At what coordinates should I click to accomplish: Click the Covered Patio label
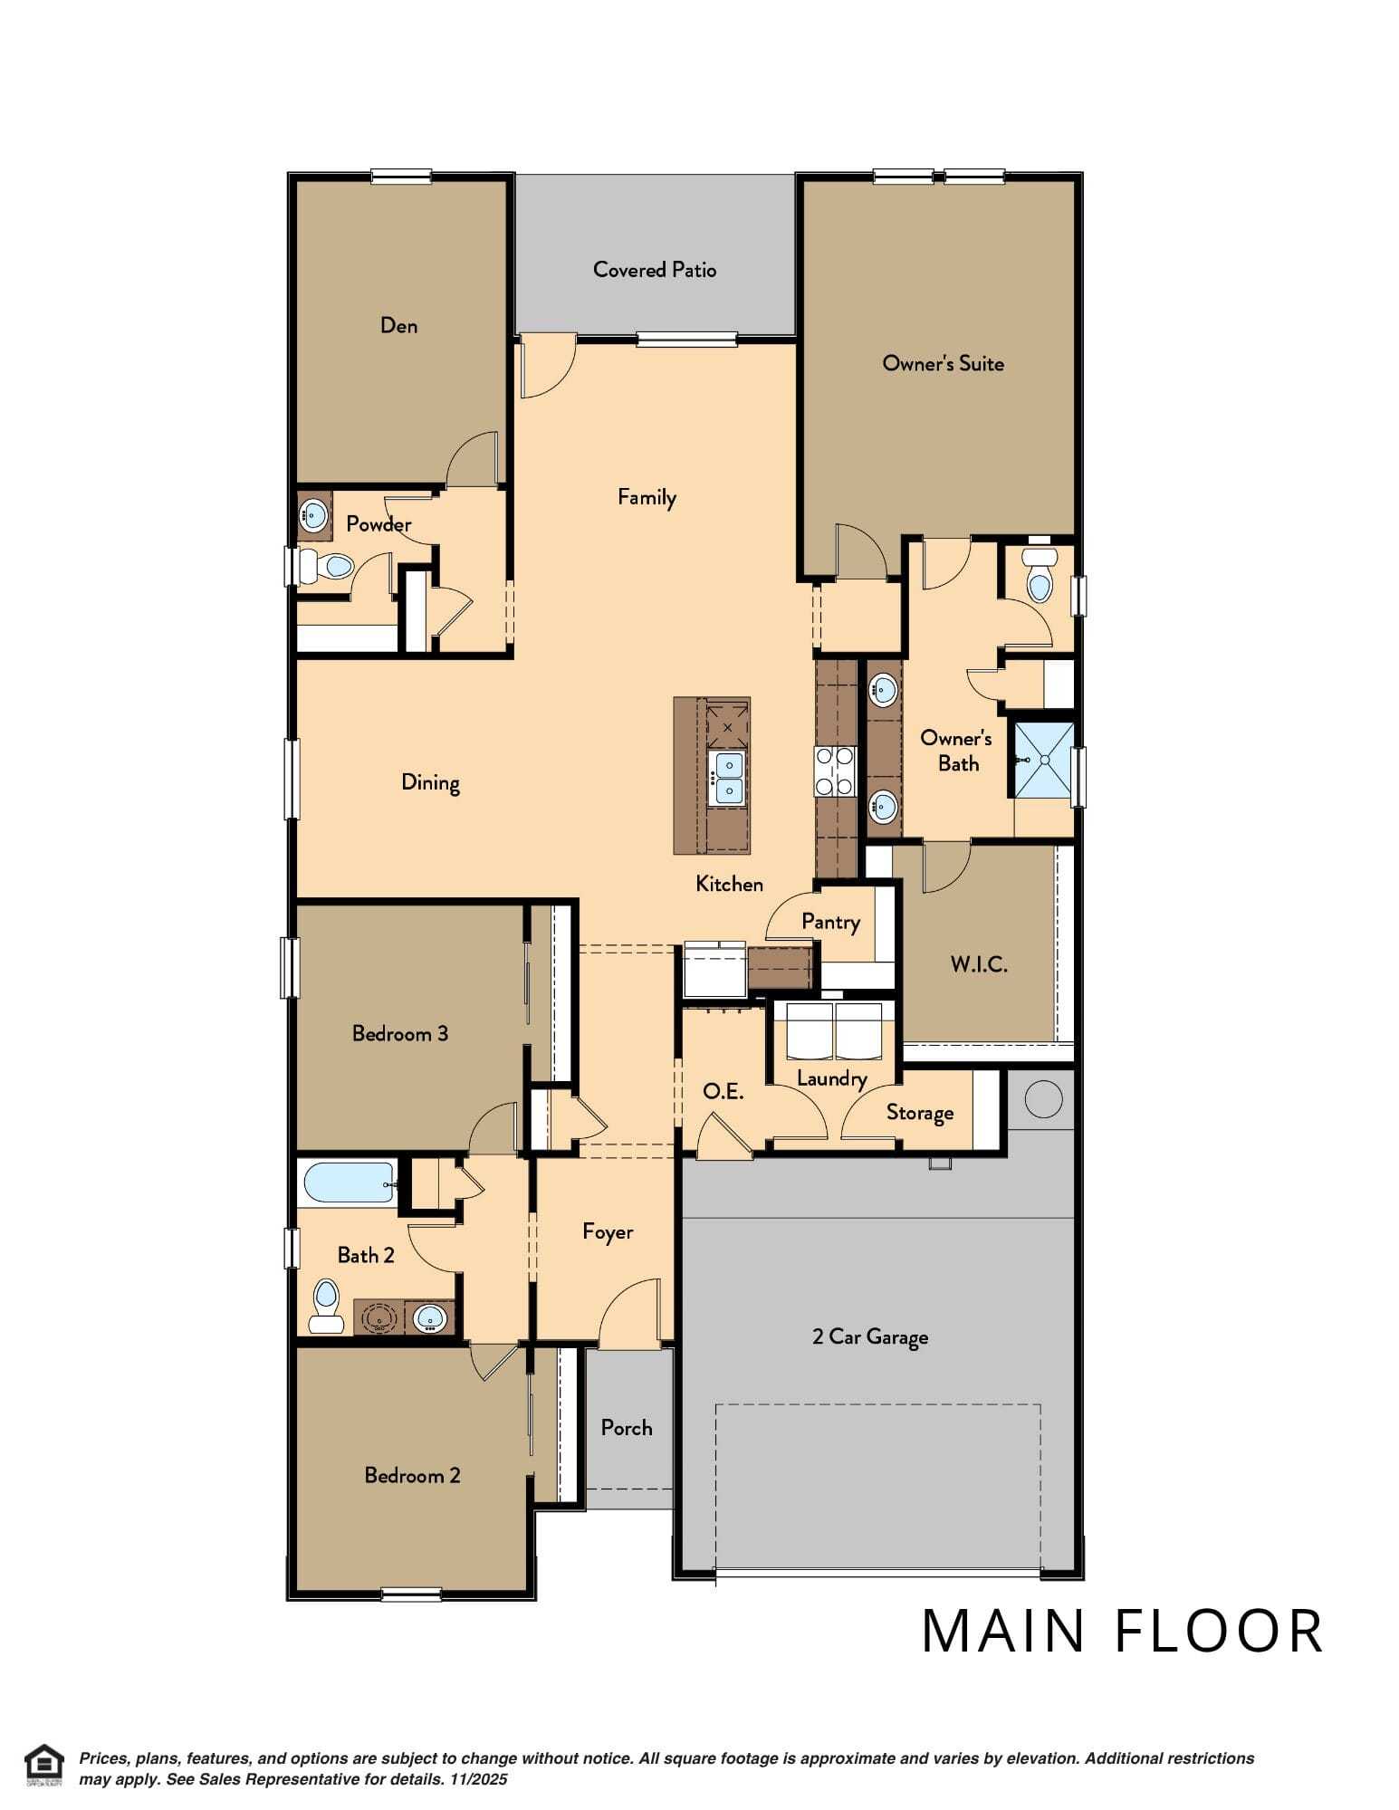pyautogui.click(x=654, y=269)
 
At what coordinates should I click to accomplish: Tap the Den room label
pyautogui.click(x=398, y=325)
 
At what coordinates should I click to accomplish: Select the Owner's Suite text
pyautogui.click(x=943, y=363)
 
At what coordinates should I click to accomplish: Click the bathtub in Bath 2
pyautogui.click(x=349, y=1183)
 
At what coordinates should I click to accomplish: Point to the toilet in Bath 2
pyautogui.click(x=325, y=1306)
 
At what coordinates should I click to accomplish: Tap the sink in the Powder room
pyautogui.click(x=313, y=516)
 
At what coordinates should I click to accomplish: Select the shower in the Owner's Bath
pyautogui.click(x=1043, y=760)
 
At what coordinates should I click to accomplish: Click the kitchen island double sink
pyautogui.click(x=727, y=778)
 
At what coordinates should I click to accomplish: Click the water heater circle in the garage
pyautogui.click(x=1042, y=1098)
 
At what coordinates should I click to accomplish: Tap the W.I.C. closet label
pyautogui.click(x=978, y=963)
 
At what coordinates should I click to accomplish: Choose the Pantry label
pyautogui.click(x=830, y=922)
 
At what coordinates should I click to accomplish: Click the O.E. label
pyautogui.click(x=723, y=1091)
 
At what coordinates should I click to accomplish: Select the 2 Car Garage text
pyautogui.click(x=870, y=1336)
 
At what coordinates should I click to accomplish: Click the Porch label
pyautogui.click(x=627, y=1427)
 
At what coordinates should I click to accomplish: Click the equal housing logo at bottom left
pyautogui.click(x=43, y=1764)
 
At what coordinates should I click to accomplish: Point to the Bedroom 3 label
pyautogui.click(x=399, y=1033)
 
